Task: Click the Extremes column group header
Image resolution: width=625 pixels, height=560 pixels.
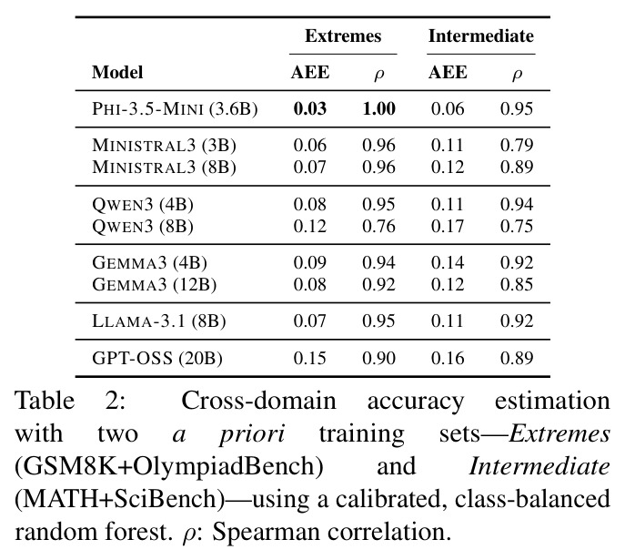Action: [x=343, y=36]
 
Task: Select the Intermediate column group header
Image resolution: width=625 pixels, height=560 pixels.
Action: [x=481, y=36]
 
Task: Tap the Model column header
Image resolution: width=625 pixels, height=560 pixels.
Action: [x=117, y=72]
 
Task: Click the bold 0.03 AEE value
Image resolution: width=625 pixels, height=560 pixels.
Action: [x=310, y=109]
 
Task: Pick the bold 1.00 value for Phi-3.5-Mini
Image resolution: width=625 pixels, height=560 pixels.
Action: [x=379, y=109]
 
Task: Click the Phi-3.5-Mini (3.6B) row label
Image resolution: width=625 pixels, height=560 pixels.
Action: [x=175, y=109]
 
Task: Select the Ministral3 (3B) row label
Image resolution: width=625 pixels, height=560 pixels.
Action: [x=165, y=145]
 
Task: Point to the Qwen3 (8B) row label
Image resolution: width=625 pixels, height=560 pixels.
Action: [x=143, y=226]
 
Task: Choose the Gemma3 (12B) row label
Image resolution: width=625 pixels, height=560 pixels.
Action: [x=155, y=284]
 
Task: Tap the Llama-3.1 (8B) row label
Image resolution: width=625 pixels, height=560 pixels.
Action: [x=159, y=321]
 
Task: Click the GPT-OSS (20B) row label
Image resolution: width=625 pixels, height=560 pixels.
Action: [x=157, y=358]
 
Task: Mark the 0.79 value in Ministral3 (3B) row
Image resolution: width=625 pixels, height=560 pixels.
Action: [x=517, y=145]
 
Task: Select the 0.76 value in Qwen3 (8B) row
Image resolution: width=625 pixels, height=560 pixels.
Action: [x=379, y=226]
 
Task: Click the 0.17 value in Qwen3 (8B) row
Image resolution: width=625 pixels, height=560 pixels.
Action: [x=448, y=226]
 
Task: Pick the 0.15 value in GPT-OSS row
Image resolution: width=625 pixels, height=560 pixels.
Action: [x=310, y=358]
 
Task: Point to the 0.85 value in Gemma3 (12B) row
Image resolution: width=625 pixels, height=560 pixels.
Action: [x=517, y=284]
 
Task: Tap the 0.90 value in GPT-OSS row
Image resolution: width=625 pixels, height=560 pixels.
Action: [x=379, y=358]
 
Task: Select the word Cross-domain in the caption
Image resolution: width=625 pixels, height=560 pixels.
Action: [x=258, y=401]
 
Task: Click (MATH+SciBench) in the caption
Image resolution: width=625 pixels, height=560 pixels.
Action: [x=119, y=499]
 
